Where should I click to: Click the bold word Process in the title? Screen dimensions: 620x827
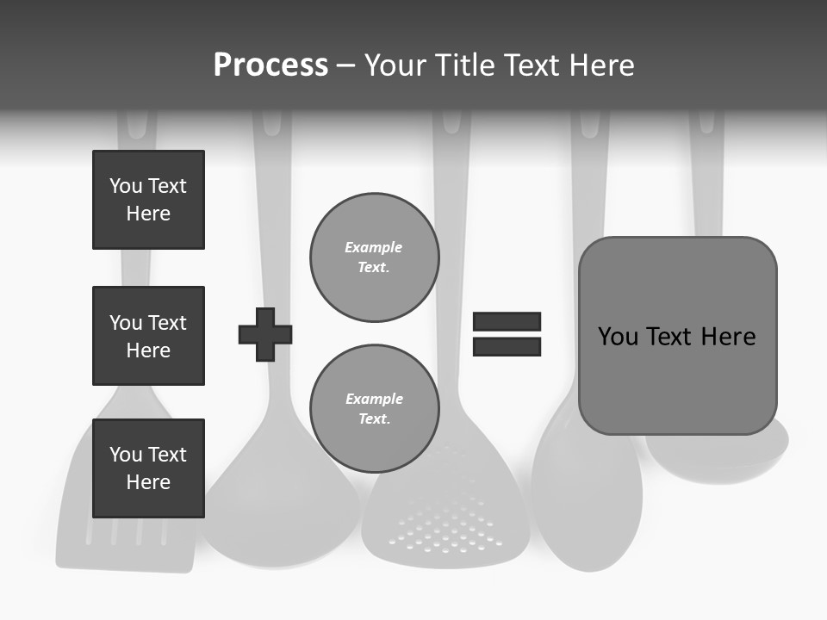coord(270,65)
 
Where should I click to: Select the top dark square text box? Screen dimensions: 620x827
coord(148,200)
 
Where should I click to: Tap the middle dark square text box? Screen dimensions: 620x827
coord(148,336)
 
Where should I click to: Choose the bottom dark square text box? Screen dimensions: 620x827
coord(148,468)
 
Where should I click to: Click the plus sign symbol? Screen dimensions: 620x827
coord(265,334)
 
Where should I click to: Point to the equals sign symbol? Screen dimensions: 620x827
coord(507,334)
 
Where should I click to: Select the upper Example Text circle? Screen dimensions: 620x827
coord(374,257)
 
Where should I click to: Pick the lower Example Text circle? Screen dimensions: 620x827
coord(374,408)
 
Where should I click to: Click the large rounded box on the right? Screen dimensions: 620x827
coord(677,336)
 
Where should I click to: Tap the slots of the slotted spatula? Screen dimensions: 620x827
coord(126,534)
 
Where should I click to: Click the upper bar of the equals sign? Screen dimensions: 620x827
coord(507,321)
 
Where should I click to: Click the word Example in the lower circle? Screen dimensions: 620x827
coord(374,399)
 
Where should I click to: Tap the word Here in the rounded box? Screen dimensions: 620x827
coord(728,337)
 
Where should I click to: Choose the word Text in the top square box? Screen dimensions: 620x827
coord(166,186)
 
